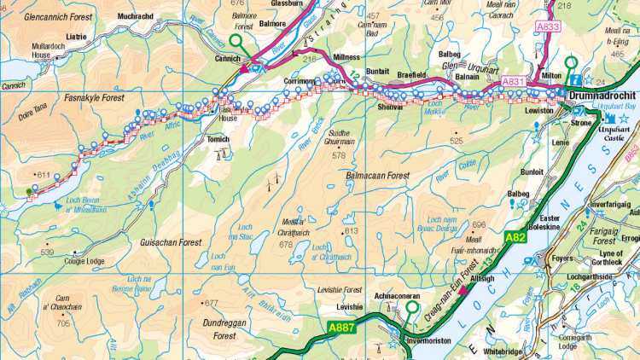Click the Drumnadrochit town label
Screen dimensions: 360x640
pyautogui.click(x=602, y=96)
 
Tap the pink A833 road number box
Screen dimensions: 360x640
pyautogui.click(x=550, y=27)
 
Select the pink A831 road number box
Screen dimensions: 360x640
pyautogui.click(x=514, y=81)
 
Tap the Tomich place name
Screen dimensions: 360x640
pyautogui.click(x=218, y=138)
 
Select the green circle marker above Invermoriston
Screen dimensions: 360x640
pyautogui.click(x=414, y=308)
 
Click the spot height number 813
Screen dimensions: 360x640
pyautogui.click(x=352, y=230)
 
